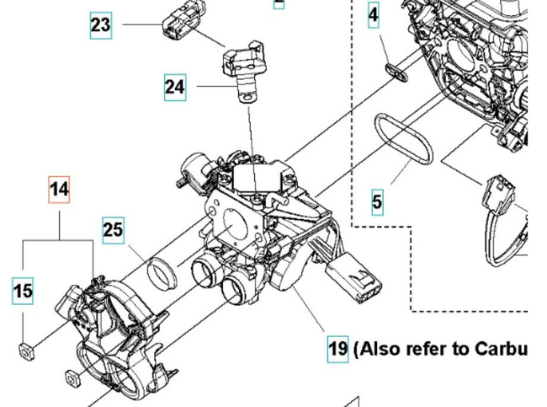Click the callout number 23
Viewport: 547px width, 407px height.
(x=100, y=24)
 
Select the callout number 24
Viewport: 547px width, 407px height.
(x=175, y=86)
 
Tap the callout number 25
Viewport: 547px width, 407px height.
(x=114, y=229)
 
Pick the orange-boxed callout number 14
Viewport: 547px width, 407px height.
(x=59, y=190)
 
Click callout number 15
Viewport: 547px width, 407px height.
(x=24, y=292)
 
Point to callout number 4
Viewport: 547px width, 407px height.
(x=374, y=14)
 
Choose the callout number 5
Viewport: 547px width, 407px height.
(x=377, y=201)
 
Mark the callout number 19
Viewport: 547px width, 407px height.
(x=337, y=348)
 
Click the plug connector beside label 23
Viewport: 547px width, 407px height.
(x=178, y=24)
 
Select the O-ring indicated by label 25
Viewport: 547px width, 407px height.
(x=162, y=273)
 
